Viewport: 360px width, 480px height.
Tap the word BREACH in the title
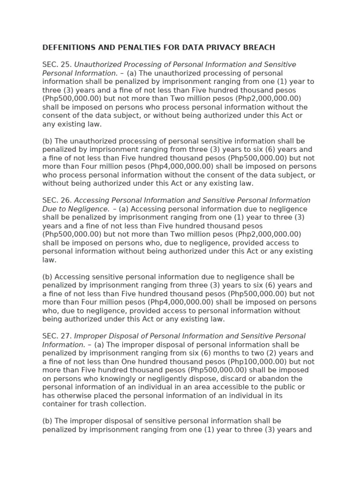pyautogui.click(x=259, y=47)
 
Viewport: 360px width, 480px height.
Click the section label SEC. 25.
pyautogui.click(x=57, y=65)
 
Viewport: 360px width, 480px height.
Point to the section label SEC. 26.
pyautogui.click(x=57, y=201)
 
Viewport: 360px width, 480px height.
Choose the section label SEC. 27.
pyautogui.click(x=57, y=336)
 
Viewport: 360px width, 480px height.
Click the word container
pyautogui.click(x=59, y=404)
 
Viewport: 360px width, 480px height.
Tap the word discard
pyautogui.click(x=227, y=379)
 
